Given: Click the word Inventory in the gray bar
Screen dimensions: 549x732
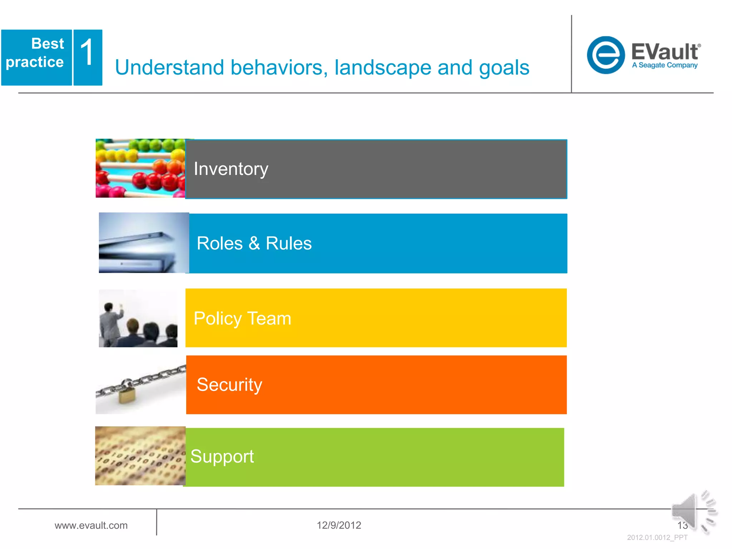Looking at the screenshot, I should [x=231, y=169].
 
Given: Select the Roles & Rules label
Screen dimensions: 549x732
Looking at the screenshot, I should [x=254, y=244].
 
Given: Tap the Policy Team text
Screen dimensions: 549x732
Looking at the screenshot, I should [x=242, y=318].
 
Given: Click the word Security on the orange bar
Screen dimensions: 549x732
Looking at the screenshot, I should [x=229, y=385].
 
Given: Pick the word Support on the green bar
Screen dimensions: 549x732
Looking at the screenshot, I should [x=222, y=456].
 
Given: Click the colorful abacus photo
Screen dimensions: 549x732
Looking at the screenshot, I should [x=140, y=168].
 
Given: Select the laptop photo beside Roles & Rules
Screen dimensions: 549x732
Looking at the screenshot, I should [x=144, y=243].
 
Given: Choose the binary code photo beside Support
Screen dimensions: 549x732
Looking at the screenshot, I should [x=140, y=456].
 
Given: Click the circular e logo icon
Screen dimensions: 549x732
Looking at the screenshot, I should [x=605, y=55].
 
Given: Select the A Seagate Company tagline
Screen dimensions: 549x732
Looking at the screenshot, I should [x=664, y=65].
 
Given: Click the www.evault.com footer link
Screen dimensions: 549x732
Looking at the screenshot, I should [x=91, y=525].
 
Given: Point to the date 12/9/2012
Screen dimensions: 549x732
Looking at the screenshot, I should [x=339, y=525].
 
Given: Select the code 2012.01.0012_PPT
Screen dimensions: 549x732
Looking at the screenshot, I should [x=657, y=538].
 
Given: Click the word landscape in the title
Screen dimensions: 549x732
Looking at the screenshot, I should [x=382, y=68].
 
